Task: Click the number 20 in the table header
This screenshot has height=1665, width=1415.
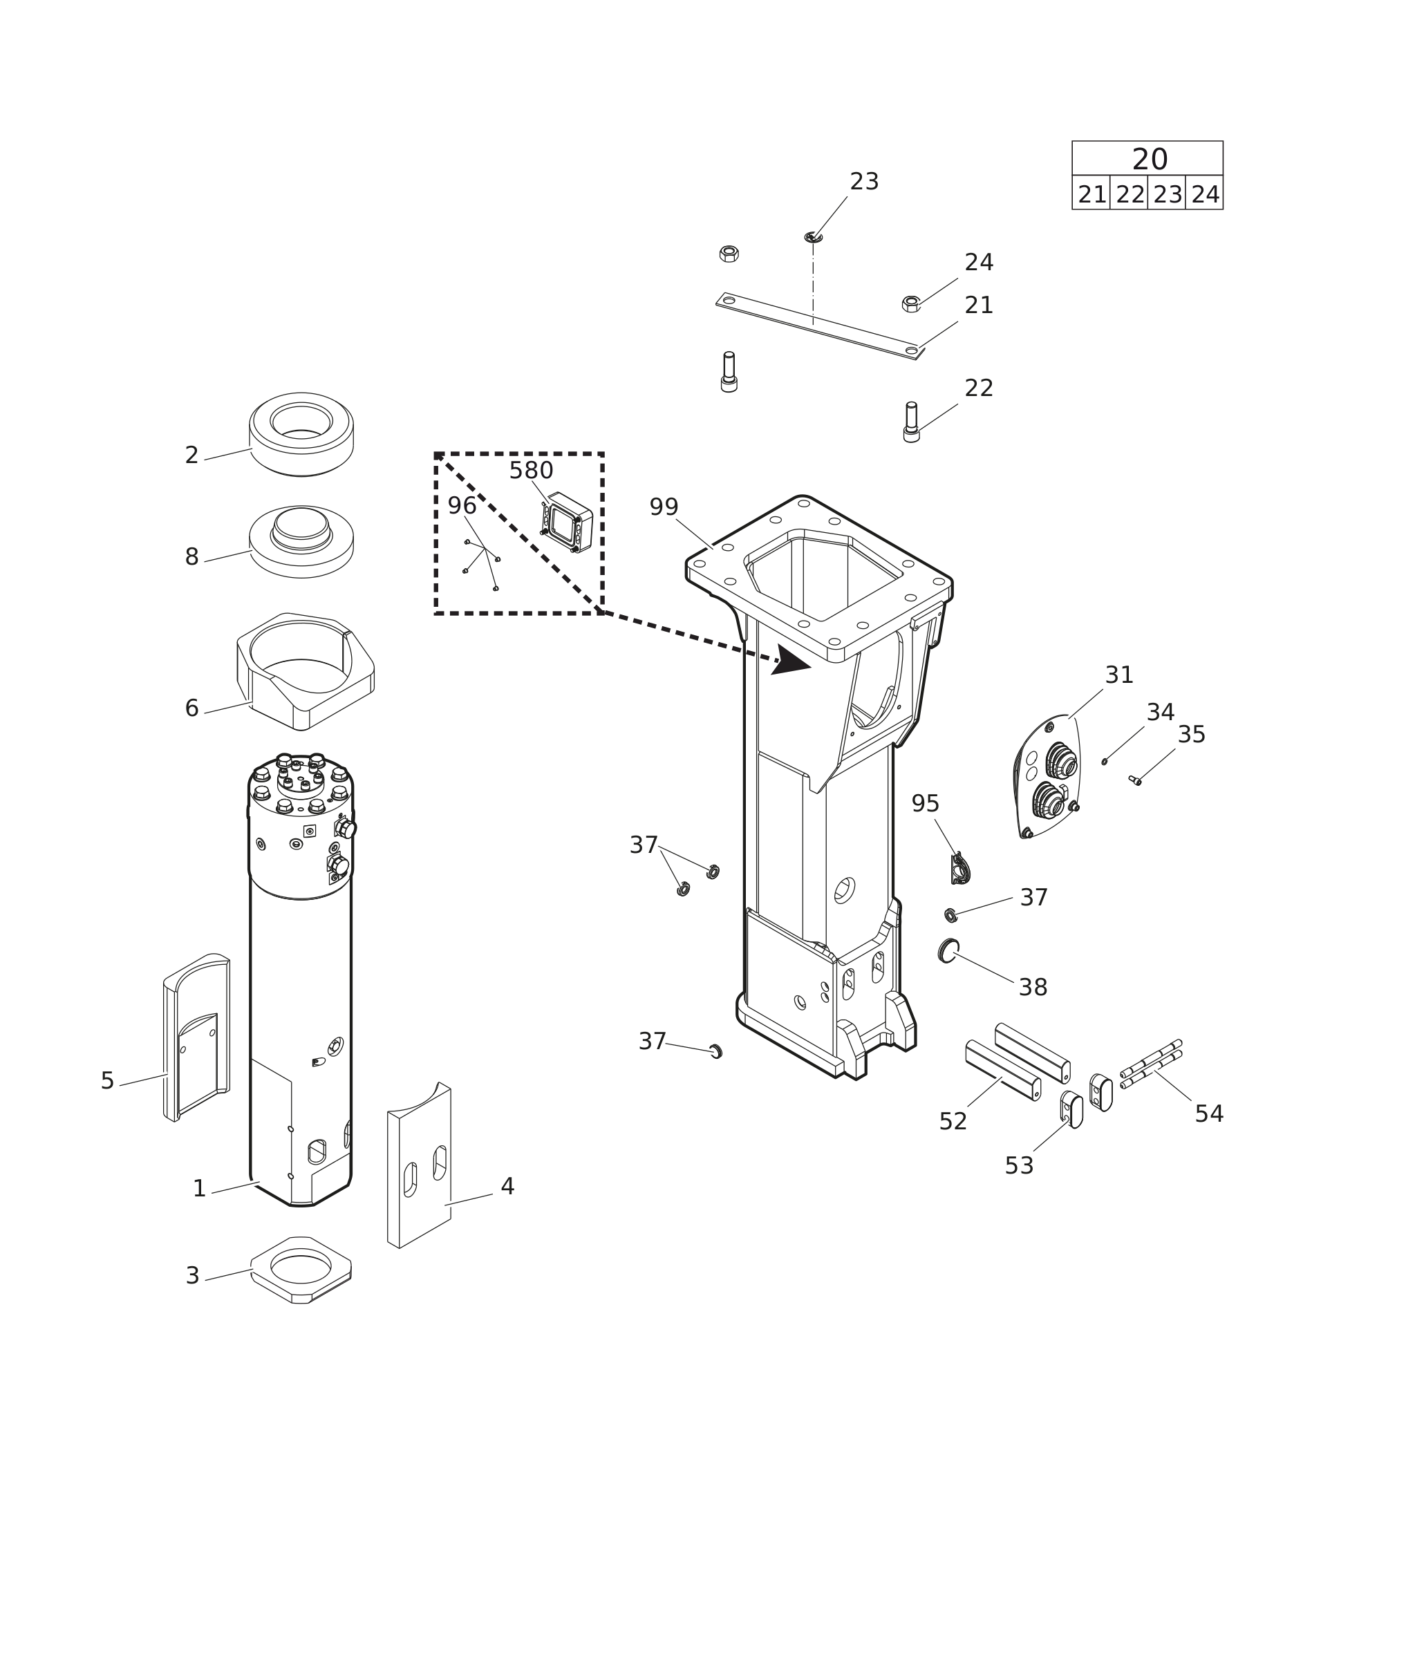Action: point(1150,160)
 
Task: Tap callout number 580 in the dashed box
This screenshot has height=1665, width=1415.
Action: point(531,471)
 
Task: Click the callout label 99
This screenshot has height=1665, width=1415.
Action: point(664,508)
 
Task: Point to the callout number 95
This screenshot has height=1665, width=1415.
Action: point(925,804)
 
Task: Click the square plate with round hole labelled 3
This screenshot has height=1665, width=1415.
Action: point(301,1270)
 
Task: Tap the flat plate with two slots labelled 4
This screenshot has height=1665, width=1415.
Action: point(420,1163)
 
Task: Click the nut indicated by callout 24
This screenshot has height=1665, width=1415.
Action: point(910,304)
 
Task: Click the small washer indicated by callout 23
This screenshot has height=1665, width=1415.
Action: point(813,237)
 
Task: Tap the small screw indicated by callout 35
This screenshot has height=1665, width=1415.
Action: point(1134,780)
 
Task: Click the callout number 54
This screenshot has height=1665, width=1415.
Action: point(1209,1115)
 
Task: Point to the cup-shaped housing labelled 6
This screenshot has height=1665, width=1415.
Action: point(305,671)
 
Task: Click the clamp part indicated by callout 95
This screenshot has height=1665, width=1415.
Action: point(960,869)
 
